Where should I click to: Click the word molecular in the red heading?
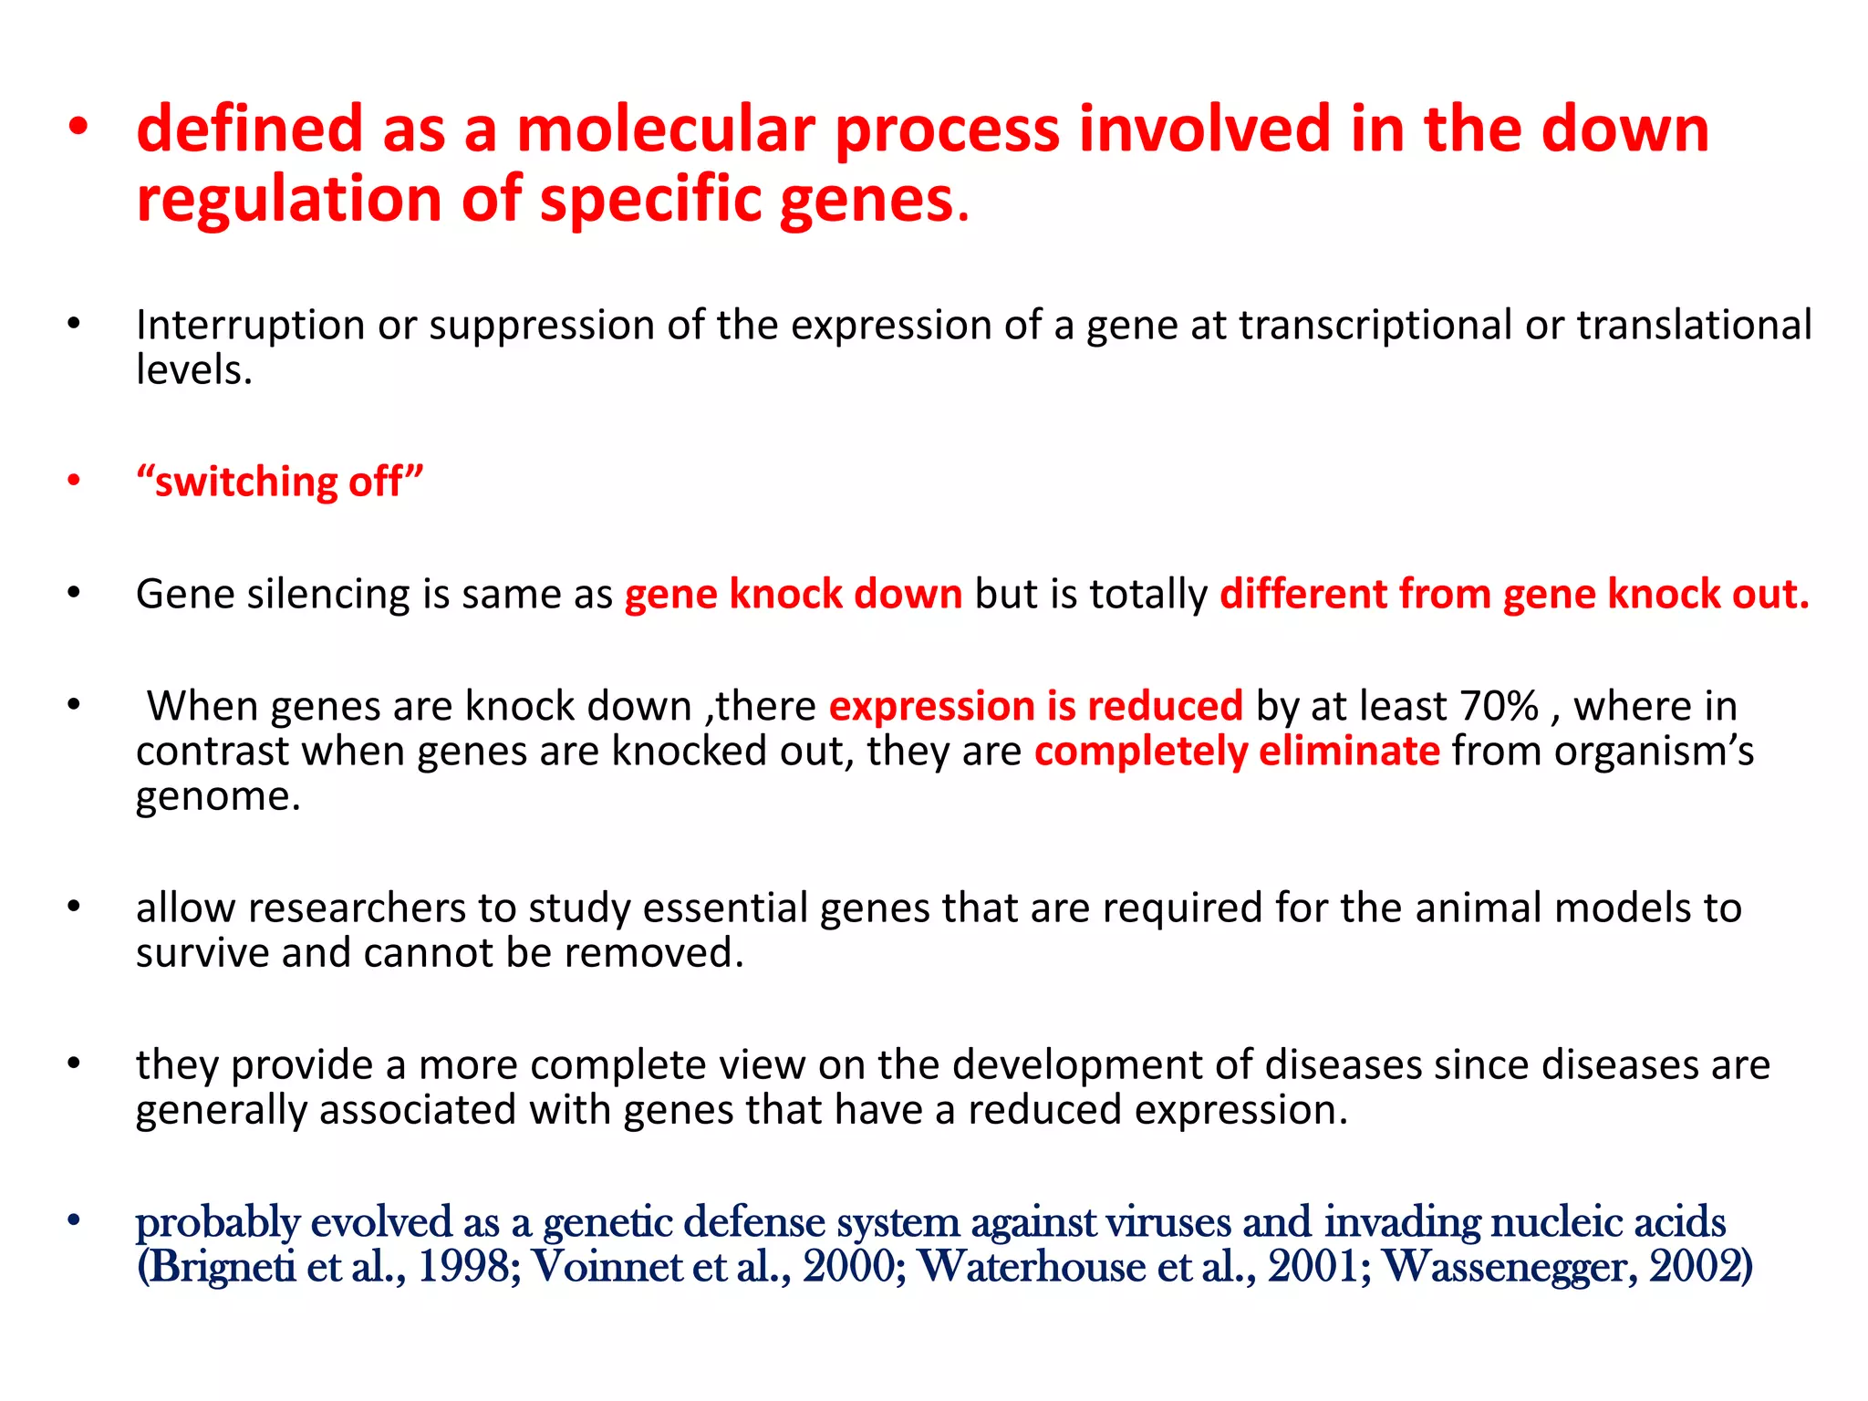[665, 129]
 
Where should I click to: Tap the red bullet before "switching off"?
[74, 481]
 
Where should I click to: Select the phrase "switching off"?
[280, 482]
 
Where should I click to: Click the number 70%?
[1499, 706]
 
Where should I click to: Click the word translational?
[1694, 326]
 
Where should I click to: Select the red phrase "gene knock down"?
[793, 594]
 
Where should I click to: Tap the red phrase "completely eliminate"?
[1236, 752]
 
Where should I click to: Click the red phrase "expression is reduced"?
[1035, 706]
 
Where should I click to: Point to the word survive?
[202, 953]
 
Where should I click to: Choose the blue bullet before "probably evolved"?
[74, 1220]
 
